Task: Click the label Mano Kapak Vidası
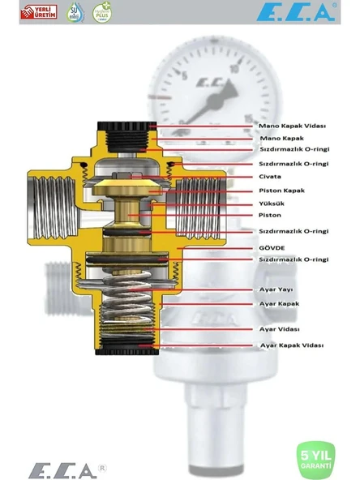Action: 291,126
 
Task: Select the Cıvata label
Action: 270,176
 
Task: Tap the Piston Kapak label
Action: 281,191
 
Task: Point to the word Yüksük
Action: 272,204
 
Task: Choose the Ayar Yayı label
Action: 276,289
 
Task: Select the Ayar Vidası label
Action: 279,329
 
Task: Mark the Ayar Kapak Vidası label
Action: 291,345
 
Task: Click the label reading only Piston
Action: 270,216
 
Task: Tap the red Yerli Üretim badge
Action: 39,13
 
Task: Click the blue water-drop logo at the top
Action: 75,13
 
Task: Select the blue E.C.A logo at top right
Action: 297,13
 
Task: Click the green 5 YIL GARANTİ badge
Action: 315,460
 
